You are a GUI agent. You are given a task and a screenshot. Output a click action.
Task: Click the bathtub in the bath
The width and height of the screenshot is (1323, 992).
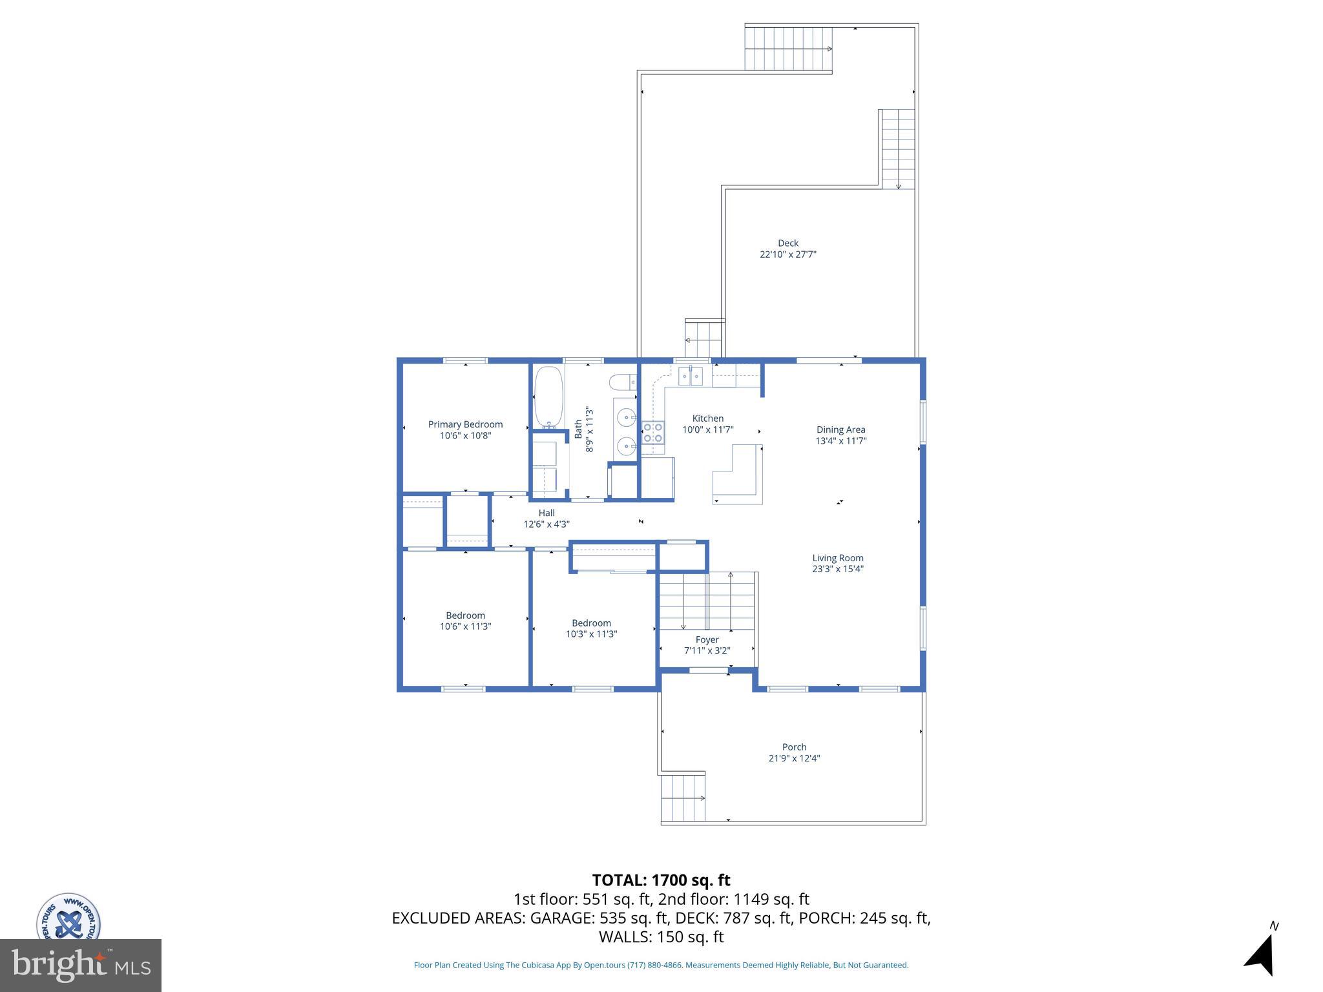(548, 397)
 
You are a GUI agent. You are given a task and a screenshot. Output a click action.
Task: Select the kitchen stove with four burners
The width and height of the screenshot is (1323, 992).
(652, 432)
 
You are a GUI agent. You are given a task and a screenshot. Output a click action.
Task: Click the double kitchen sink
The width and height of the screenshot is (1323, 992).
(691, 375)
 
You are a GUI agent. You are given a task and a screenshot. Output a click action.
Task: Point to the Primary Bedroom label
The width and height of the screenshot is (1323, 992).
(465, 424)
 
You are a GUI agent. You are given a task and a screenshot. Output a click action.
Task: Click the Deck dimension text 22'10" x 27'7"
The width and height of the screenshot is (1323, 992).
(787, 254)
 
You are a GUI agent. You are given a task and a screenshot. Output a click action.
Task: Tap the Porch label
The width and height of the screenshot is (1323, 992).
(794, 747)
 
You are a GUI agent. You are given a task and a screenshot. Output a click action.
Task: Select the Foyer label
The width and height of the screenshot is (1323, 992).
(707, 639)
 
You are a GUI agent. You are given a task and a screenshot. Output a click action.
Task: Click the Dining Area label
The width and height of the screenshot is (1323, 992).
(840, 429)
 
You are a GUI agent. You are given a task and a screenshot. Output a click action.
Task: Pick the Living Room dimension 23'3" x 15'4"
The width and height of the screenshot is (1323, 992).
(838, 569)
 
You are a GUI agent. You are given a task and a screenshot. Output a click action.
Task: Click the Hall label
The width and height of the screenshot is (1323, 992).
(547, 513)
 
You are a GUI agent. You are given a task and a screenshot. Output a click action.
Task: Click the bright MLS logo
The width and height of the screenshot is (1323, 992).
(81, 965)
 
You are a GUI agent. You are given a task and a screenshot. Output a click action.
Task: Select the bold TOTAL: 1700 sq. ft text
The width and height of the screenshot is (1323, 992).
(661, 880)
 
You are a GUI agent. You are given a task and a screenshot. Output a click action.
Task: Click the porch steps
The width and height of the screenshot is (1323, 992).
(683, 798)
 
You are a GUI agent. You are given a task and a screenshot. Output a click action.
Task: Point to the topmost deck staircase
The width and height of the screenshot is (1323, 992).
(788, 48)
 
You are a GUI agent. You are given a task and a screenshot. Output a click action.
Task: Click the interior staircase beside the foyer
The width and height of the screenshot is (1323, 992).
(707, 601)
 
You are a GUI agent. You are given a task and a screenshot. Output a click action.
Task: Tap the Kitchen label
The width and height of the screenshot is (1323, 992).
(708, 418)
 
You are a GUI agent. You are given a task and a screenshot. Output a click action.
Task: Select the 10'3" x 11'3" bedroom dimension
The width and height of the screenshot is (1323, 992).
(591, 634)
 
